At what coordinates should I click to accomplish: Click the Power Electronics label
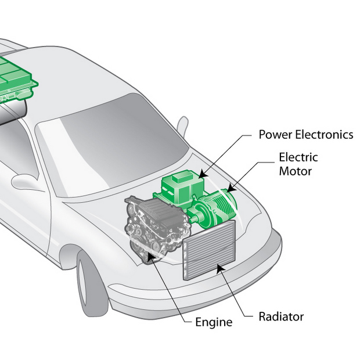[x=305, y=135]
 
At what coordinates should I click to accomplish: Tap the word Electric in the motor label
[x=298, y=157]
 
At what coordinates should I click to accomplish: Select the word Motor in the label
[x=296, y=171]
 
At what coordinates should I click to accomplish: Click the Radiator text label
[x=281, y=317]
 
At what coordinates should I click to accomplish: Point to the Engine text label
[x=213, y=322]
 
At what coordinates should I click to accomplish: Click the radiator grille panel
[x=209, y=250]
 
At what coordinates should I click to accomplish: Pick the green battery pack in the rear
[x=17, y=75]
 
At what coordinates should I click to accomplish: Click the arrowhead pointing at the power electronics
[x=201, y=174]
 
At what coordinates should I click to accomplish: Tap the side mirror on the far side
[x=182, y=124]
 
